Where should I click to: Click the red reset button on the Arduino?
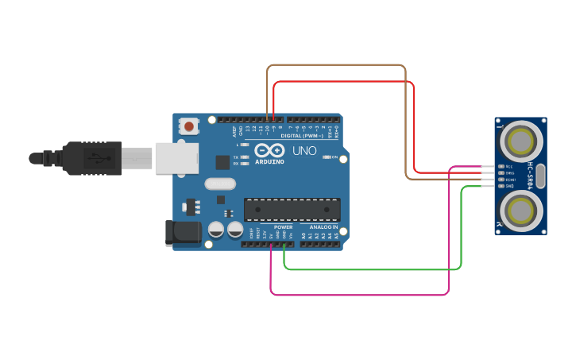(189, 126)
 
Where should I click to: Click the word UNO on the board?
(304, 150)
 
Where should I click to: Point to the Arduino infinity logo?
(269, 149)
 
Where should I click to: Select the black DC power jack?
(181, 232)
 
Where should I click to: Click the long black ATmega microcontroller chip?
(292, 210)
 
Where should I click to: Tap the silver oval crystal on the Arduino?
(220, 184)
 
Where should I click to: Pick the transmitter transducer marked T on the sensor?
(521, 141)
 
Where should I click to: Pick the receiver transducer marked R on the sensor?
(521, 211)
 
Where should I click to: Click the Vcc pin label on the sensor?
(509, 167)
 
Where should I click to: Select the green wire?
(373, 269)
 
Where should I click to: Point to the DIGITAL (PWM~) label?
(302, 136)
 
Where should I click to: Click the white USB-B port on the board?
(176, 157)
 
